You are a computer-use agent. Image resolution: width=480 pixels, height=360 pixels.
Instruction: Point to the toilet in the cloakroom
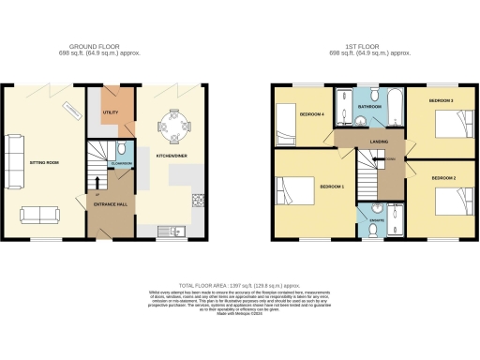pos(123,150)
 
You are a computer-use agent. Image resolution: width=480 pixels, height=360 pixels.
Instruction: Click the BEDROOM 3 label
pos(442,99)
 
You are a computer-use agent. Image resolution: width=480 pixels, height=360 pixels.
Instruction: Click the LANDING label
pos(380,142)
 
